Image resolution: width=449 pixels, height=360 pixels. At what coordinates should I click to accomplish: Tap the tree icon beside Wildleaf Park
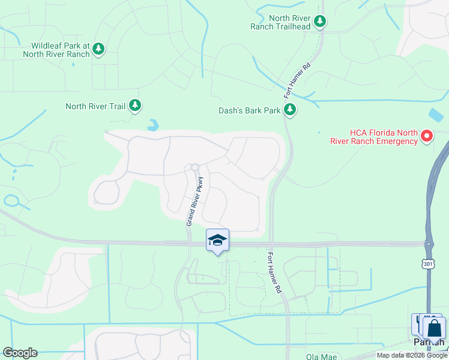[100, 49]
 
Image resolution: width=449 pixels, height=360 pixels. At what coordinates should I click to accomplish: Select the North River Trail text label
[95, 106]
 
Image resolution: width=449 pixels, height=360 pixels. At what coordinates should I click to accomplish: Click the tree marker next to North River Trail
[135, 106]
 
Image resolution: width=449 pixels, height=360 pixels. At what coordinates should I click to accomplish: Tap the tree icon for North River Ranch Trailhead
[321, 22]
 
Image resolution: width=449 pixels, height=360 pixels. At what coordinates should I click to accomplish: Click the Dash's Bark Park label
[249, 110]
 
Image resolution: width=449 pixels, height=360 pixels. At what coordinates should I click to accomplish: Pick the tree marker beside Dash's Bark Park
[290, 109]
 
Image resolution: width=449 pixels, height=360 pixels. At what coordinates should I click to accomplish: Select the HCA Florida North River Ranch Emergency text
[373, 137]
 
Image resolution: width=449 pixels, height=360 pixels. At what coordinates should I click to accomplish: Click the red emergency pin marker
[427, 136]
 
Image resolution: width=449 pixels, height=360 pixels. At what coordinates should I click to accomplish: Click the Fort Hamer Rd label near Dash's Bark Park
[297, 81]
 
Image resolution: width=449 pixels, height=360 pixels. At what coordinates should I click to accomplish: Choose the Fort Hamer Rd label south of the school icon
[274, 272]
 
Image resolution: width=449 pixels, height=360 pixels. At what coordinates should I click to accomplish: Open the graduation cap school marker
[217, 241]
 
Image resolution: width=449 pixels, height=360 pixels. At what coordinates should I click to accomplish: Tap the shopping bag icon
[434, 329]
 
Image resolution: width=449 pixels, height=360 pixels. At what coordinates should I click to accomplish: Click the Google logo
[20, 353]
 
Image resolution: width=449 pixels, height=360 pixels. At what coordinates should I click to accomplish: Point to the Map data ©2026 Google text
[412, 355]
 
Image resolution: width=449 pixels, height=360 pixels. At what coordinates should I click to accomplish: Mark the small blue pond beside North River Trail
[153, 125]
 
